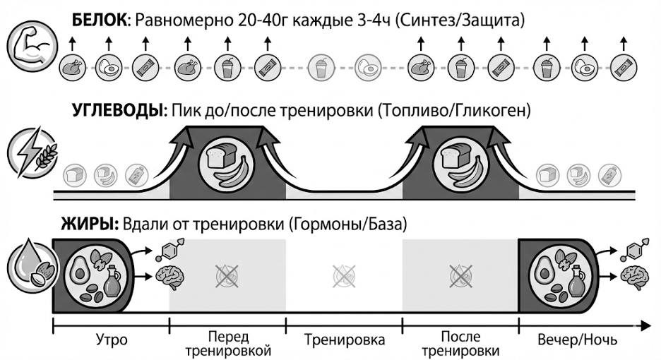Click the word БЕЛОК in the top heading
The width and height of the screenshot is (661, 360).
click(98, 20)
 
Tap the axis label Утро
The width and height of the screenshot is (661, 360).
click(112, 340)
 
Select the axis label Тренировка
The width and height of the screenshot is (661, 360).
click(345, 340)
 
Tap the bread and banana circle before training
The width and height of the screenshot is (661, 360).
click(227, 164)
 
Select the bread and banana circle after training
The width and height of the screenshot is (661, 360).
click(460, 164)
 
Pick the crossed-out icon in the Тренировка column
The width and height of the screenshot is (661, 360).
click(344, 275)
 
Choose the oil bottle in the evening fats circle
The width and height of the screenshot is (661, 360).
click(575, 286)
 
